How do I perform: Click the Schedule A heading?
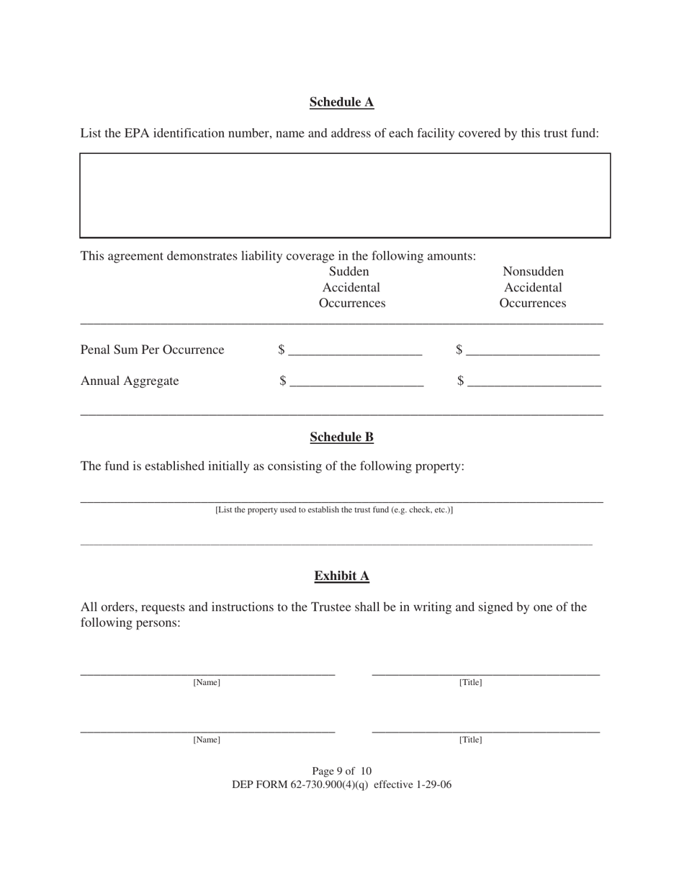click(341, 102)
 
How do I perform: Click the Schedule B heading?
click(341, 437)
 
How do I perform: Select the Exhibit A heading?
click(341, 576)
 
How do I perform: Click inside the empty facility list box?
click(345, 195)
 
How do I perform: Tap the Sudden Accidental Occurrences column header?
click(351, 288)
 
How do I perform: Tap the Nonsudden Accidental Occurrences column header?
click(533, 288)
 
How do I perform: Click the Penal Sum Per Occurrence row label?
click(152, 350)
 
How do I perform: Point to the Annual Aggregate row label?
click(130, 381)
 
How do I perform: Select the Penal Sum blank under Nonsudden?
click(533, 351)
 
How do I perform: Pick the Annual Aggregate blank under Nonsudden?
click(534, 382)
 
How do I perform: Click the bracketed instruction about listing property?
click(334, 510)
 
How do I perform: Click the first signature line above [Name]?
click(207, 671)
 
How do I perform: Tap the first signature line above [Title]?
click(485, 671)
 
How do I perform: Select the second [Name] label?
click(207, 740)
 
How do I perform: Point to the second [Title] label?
click(471, 740)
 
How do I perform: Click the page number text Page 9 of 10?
click(341, 771)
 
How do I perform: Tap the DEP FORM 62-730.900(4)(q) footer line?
click(341, 785)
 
